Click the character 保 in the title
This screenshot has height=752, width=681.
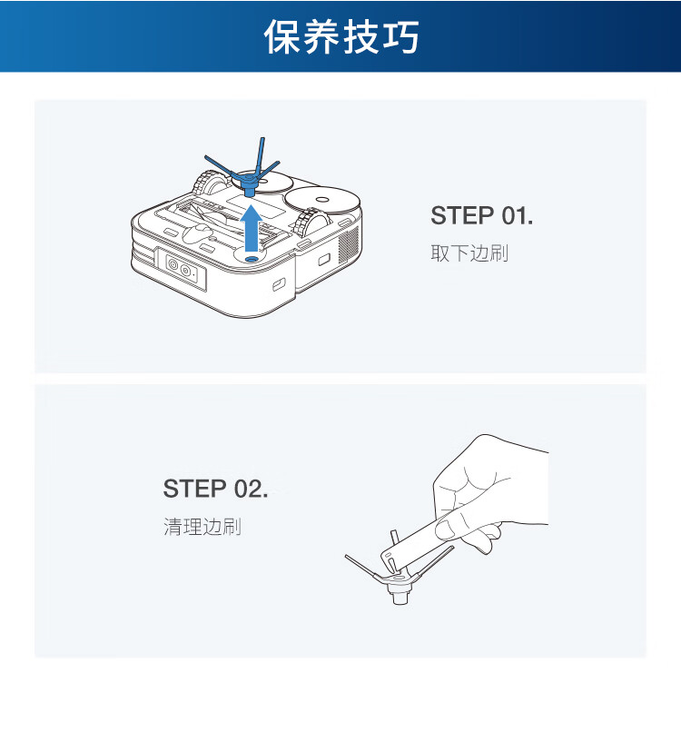282,36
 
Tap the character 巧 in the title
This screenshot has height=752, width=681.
401,36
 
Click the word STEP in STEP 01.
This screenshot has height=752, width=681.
462,215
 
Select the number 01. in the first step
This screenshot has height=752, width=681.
518,215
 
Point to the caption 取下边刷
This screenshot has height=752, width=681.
469,252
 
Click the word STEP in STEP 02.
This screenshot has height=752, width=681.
194,489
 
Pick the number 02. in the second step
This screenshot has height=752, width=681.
251,489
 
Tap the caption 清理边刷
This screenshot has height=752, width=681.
202,526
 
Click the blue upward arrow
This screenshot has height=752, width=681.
251,228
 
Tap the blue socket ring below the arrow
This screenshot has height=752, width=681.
251,259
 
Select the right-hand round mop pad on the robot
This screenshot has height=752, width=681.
321,201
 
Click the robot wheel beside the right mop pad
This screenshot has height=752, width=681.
311,223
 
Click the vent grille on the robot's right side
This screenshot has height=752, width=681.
348,243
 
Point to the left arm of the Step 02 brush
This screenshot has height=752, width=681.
363,568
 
